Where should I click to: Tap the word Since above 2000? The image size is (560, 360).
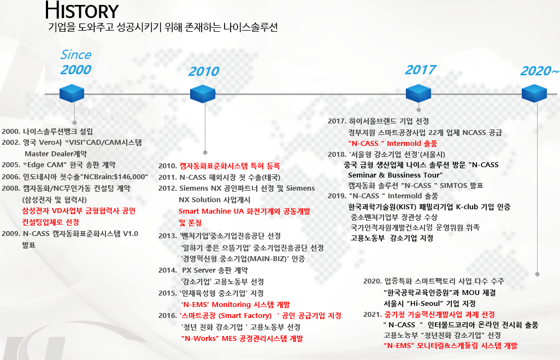tap(76, 55)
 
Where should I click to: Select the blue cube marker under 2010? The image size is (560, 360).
tap(203, 94)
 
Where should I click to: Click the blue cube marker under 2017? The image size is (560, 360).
tap(418, 93)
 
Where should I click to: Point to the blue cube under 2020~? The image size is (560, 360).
tap(534, 93)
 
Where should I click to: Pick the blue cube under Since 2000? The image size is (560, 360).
tap(72, 93)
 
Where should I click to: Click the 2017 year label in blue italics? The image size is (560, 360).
tap(420, 69)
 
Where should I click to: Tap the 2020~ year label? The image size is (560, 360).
tap(540, 70)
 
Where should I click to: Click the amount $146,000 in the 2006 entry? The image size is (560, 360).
tap(129, 177)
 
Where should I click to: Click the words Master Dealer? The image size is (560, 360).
tap(49, 154)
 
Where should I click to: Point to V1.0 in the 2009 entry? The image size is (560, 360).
tap(131, 234)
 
